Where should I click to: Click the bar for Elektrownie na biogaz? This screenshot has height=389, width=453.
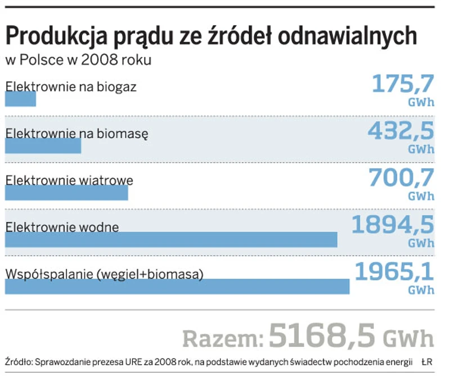click(20, 99)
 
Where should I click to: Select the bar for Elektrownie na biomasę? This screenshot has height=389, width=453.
click(43, 146)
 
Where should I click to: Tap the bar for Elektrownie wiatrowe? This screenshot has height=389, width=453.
click(66, 193)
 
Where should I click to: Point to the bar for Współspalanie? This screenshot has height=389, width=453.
click(177, 286)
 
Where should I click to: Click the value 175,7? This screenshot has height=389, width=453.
click(403, 84)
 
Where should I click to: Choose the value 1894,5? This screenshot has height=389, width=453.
click(393, 224)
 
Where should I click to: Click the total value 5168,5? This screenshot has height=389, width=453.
click(322, 337)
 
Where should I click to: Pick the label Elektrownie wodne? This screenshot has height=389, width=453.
click(62, 227)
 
